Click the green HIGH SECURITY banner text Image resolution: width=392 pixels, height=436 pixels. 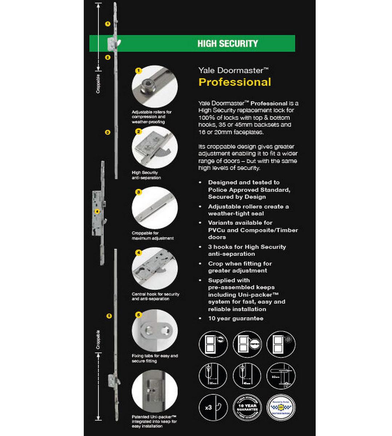(x=228, y=44)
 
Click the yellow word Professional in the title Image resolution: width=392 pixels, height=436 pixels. (x=234, y=82)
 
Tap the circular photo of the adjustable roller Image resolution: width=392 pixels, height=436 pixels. (x=155, y=86)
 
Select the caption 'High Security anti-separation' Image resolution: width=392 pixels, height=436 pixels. (x=146, y=175)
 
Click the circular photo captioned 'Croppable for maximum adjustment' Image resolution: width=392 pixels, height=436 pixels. (x=155, y=208)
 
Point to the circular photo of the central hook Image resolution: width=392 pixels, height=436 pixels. (x=155, y=269)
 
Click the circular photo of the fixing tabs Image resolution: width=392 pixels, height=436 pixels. (x=155, y=330)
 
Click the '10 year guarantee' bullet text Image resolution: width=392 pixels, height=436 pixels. (x=236, y=318)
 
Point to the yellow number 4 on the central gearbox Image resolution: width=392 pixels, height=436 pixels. (x=97, y=211)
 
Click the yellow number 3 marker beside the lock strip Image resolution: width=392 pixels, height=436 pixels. (x=107, y=132)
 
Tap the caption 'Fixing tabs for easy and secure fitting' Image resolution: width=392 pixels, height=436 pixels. (x=155, y=358)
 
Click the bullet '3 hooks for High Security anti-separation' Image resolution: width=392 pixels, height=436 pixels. (x=247, y=250)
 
